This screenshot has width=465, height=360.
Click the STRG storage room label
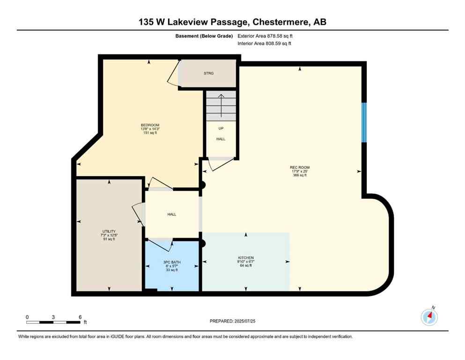tap(208, 74)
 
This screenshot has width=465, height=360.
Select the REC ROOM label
tap(300, 167)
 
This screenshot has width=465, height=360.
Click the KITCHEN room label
tap(246, 258)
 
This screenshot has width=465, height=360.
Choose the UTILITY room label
tap(108, 231)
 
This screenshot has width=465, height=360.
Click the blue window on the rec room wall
tap(364, 122)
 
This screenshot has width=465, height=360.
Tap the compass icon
tap(429, 317)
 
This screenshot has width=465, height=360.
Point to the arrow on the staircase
tap(221, 104)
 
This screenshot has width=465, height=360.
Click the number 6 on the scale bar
tap(80, 317)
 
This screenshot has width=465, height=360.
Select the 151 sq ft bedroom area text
tap(149, 133)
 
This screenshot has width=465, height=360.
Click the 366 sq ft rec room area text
tap(300, 175)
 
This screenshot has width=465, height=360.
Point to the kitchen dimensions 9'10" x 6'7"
tap(246, 262)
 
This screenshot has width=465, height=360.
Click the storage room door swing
tap(172, 74)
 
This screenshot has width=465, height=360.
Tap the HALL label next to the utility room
tap(172, 214)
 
